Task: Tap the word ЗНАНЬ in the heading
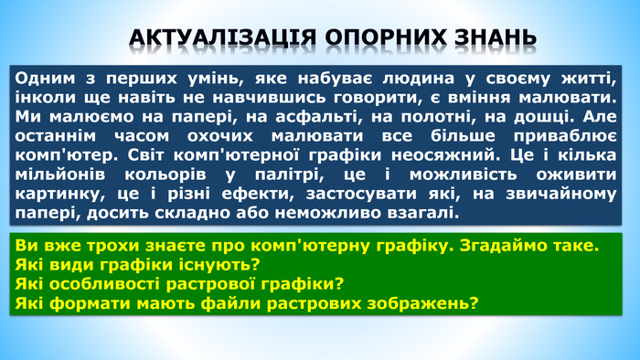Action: tap(493, 37)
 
